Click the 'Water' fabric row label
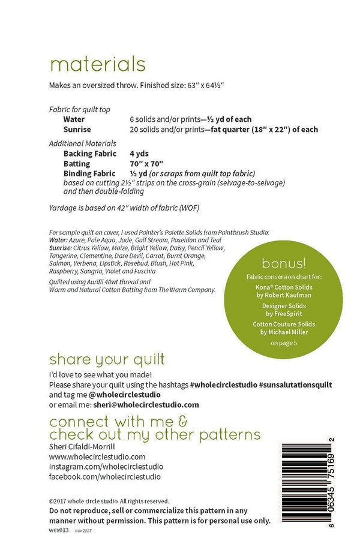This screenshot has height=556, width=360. [x=74, y=120]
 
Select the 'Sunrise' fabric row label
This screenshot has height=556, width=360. [x=77, y=130]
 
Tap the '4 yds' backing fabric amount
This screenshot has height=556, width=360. [x=139, y=154]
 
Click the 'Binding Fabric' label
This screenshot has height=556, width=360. [x=90, y=173]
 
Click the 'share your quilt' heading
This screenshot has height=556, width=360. [x=107, y=360]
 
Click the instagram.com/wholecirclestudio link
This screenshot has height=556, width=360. [x=98, y=467]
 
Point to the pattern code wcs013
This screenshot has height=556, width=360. [x=59, y=530]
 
